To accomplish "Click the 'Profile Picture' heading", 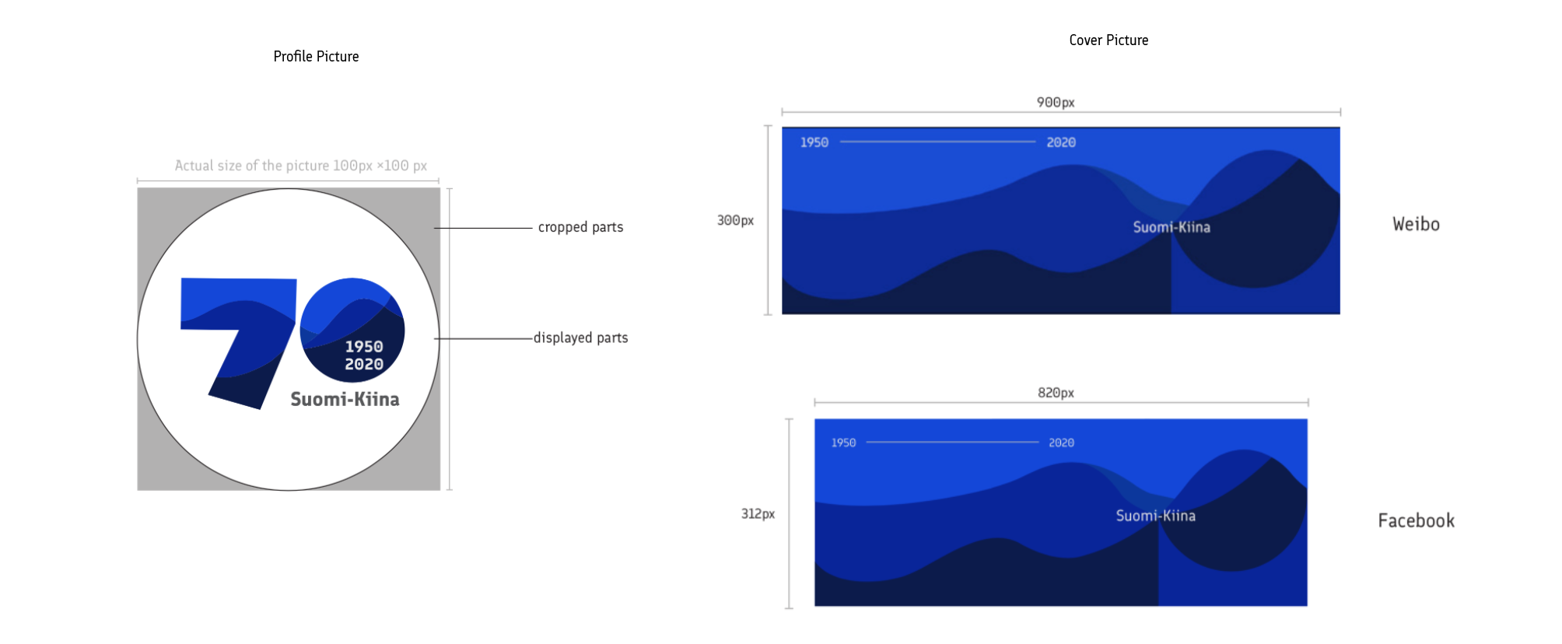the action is coord(316,57).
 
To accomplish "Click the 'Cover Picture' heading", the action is coord(1108,40).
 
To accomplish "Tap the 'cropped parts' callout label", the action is coord(580,227).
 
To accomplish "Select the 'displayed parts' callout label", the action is coord(580,338).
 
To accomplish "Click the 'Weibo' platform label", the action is coord(1416,224).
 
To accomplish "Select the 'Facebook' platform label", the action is coord(1416,520).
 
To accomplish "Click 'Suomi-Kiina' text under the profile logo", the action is coord(345,399).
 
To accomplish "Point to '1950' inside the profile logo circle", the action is coord(364,347).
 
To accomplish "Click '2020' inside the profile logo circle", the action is coord(364,364).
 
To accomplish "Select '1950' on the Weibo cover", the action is coord(814,142).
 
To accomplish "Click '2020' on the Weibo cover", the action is coord(1061,142).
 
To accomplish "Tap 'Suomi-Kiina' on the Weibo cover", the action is coord(1171,227).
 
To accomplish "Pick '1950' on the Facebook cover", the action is coord(843,443).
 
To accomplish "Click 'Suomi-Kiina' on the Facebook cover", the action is coord(1156,516).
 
